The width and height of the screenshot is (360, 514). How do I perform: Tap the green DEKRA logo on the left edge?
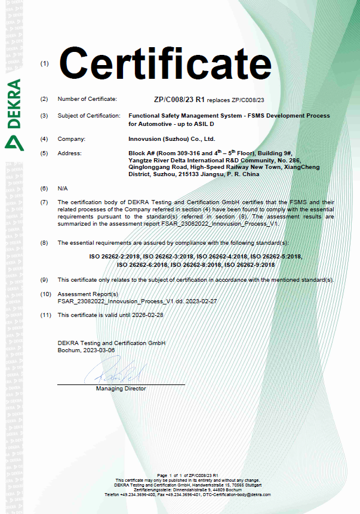tap(13, 113)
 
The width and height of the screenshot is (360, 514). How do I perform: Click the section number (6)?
tap(44, 188)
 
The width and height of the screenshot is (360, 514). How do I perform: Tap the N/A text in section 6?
tap(63, 188)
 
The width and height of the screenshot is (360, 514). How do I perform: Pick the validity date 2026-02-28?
tap(149, 315)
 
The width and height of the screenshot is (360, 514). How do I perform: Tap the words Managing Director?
tap(121, 389)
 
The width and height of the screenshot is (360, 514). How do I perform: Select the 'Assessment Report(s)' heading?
tap(88, 294)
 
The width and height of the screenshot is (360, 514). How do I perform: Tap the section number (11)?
tap(45, 315)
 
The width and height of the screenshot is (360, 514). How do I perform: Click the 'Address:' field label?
tap(69, 153)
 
